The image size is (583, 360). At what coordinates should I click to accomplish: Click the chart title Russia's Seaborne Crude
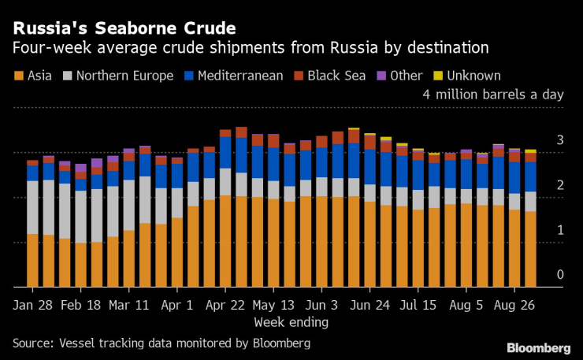(x=123, y=28)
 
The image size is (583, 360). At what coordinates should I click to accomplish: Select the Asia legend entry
(x=35, y=76)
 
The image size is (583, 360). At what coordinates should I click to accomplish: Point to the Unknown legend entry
(x=467, y=76)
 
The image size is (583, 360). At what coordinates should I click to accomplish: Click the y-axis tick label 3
(x=560, y=140)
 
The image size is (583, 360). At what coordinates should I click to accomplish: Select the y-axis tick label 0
(x=560, y=275)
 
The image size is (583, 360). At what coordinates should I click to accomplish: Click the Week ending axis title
(x=291, y=322)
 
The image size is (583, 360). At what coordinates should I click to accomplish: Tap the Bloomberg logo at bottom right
(x=538, y=347)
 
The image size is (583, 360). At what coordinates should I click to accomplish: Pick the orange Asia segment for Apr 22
(x=226, y=241)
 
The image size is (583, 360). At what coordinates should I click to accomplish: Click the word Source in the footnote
(x=32, y=343)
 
